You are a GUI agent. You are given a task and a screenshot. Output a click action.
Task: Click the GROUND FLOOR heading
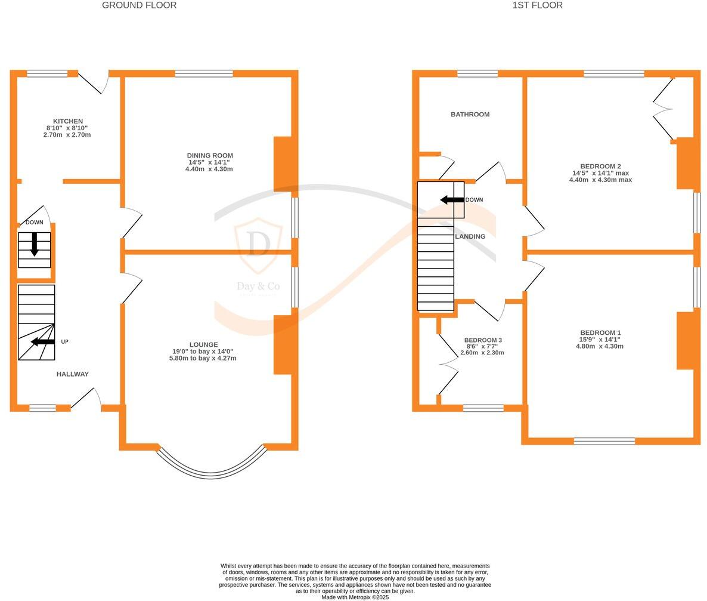139,5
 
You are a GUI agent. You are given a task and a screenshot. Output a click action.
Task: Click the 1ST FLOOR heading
537,5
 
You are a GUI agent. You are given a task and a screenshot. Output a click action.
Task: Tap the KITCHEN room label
68,121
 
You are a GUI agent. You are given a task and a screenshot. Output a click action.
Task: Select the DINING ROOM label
210,156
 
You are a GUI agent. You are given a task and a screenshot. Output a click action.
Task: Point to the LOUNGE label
203,344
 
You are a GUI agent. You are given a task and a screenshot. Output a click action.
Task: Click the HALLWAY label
73,374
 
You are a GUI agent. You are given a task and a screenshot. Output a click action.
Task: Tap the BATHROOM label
470,115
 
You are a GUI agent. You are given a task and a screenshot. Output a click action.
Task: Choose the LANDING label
470,236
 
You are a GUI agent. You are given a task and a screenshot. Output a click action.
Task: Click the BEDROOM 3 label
483,340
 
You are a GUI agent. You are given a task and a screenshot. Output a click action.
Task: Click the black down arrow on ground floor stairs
35,244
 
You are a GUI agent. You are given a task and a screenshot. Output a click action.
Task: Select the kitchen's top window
47,74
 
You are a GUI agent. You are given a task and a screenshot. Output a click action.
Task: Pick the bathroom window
477,74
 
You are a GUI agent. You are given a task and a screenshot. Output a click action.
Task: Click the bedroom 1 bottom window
604,441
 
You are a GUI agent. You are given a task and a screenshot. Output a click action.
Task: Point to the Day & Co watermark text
258,286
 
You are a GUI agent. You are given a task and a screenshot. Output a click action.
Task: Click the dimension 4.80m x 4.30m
600,346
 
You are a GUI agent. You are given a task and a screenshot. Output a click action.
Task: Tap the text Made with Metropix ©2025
355,597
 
